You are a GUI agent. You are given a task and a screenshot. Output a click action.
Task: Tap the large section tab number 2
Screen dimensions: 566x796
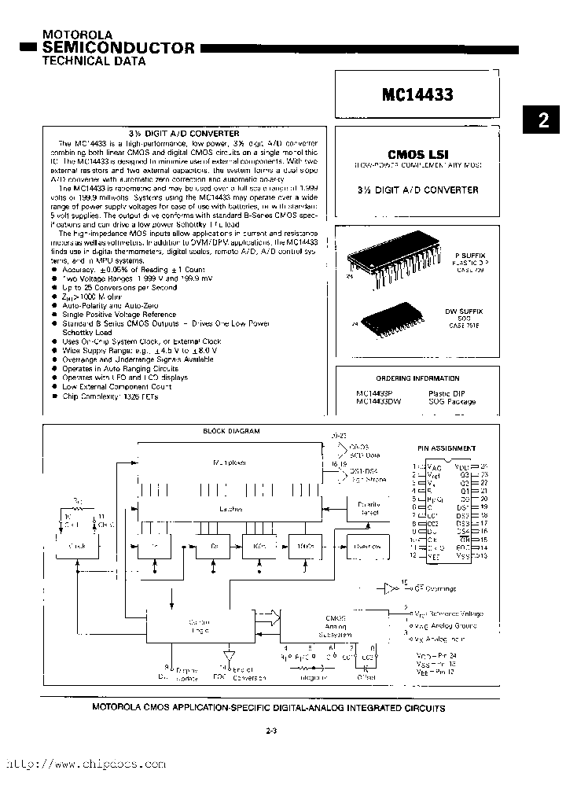click(544, 120)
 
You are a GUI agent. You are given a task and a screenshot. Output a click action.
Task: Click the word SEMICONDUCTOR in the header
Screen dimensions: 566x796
click(118, 49)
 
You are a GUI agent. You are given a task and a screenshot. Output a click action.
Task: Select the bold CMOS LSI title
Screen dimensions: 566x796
click(417, 156)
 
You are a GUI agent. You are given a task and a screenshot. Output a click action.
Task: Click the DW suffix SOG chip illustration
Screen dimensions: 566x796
click(391, 315)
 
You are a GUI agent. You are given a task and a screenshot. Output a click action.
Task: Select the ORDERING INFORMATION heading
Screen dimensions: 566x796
click(417, 378)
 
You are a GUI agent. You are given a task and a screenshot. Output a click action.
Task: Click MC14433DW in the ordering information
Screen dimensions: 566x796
click(379, 402)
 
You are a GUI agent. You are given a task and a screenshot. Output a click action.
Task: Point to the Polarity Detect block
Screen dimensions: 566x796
click(369, 509)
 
